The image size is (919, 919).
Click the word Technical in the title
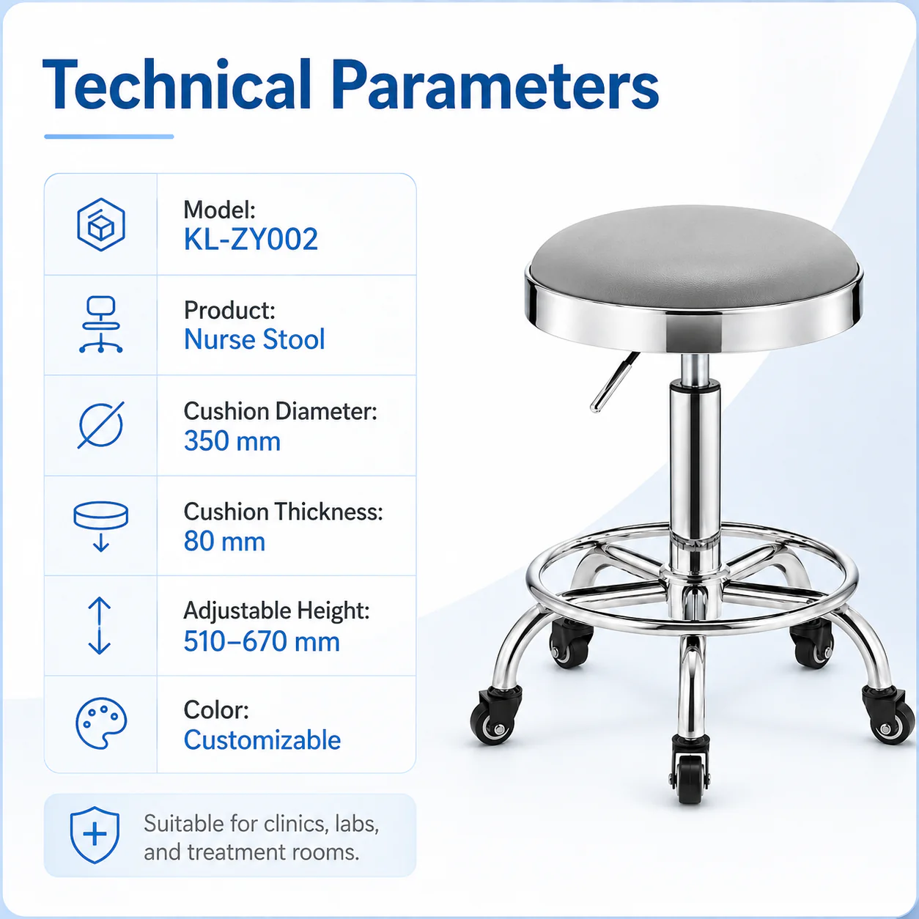177,85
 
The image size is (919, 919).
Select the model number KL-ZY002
251,239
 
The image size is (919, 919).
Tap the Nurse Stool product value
255,339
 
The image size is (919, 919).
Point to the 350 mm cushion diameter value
232,440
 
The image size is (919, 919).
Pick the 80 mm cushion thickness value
225,542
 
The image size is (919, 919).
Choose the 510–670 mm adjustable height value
262,641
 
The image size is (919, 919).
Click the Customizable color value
262,740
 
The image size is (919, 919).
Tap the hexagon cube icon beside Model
101,224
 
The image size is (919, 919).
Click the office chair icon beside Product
100,325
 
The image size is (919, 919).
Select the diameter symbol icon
101,425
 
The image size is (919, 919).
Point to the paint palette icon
101,723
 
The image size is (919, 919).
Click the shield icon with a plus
95,835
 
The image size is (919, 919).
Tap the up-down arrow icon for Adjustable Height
100,625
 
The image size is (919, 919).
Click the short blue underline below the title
109,137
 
